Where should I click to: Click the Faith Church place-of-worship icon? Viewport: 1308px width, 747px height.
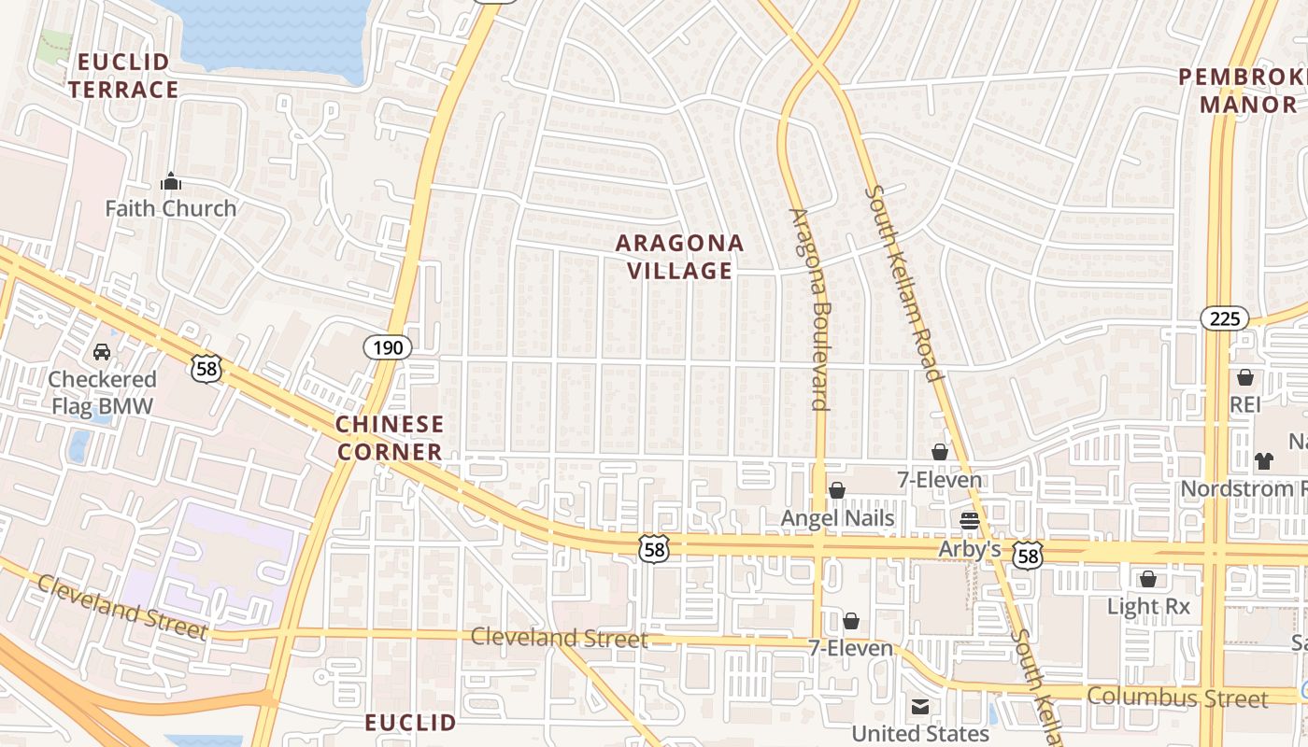(170, 180)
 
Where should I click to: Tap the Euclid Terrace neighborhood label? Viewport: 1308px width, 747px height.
(123, 76)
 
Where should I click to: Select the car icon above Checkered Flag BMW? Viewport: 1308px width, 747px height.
(102, 352)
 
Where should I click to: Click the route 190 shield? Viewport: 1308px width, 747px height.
(387, 348)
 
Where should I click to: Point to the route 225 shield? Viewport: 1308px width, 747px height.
(1224, 318)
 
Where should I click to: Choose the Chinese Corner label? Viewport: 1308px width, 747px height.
(390, 438)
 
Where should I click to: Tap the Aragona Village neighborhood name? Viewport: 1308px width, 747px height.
(680, 257)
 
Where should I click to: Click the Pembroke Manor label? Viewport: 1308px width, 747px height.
(1243, 91)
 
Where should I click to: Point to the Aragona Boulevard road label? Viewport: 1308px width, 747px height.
(809, 308)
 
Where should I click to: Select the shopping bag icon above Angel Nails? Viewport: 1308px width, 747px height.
(837, 490)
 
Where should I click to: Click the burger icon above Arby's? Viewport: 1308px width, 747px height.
(969, 520)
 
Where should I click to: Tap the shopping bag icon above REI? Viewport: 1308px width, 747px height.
(1245, 377)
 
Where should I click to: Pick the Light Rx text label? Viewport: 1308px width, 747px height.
(1148, 607)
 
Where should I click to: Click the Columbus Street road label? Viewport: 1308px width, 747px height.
(1178, 698)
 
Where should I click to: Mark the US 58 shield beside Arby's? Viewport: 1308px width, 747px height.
(1029, 557)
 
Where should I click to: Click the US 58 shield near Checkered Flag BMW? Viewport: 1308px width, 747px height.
(206, 368)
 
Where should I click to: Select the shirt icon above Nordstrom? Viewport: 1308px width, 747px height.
(1264, 460)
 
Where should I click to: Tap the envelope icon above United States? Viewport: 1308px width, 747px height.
(920, 706)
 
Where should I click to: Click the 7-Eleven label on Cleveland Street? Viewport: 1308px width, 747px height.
(850, 648)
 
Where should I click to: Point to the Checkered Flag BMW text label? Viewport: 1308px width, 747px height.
(102, 392)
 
